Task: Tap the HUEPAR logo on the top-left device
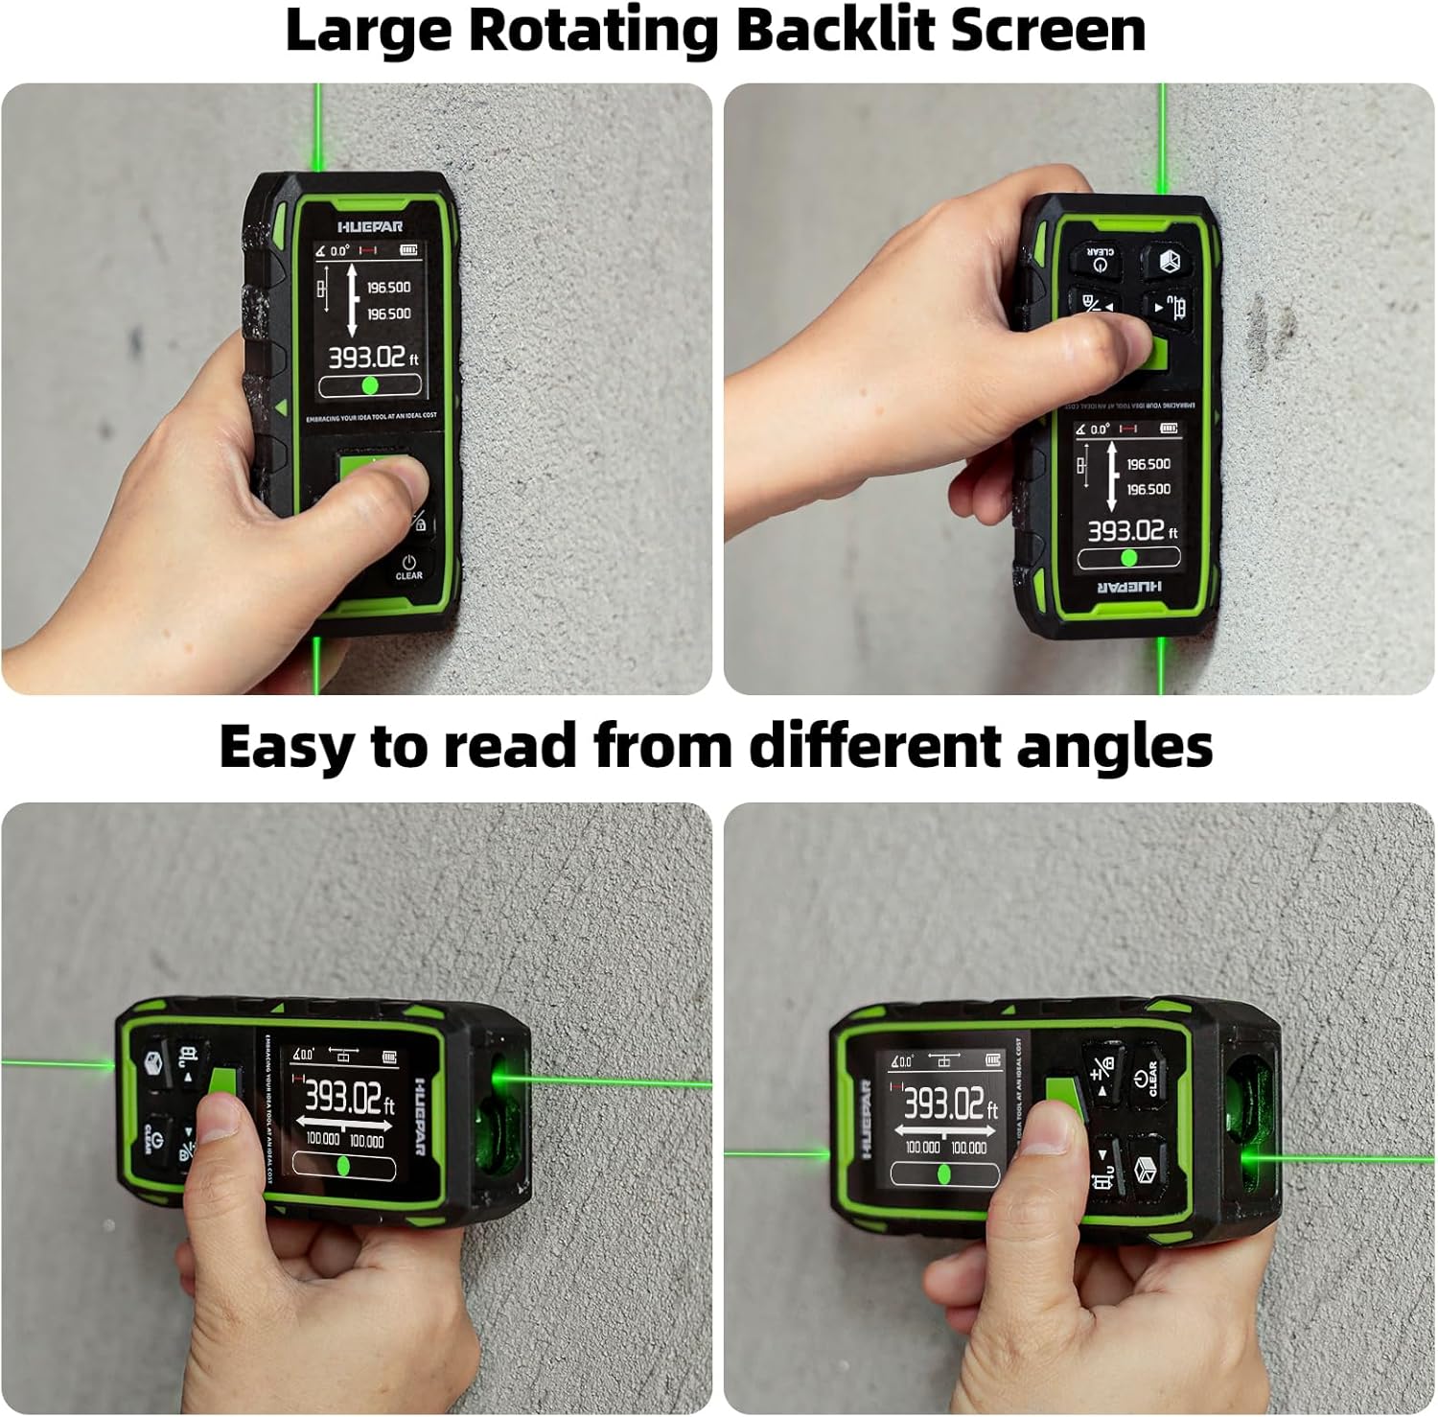coord(370,227)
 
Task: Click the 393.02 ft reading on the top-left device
coord(372,359)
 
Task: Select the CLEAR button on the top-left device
coord(409,567)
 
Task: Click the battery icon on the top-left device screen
coord(409,250)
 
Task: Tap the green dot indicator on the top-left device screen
coord(370,385)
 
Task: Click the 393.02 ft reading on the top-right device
coord(1130,531)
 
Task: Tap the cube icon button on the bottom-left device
coord(155,1063)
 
